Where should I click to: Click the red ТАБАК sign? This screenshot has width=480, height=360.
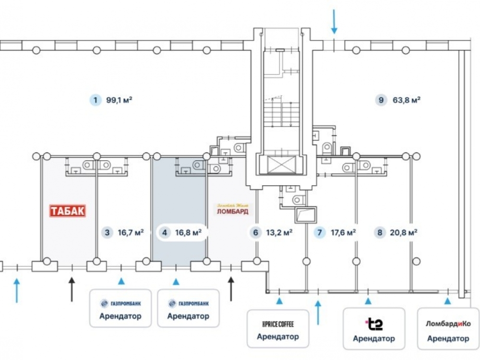click(68, 211)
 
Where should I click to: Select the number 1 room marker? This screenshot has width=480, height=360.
click(96, 100)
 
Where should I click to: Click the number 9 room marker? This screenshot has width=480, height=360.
click(381, 100)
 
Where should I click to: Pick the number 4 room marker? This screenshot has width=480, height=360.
click(165, 233)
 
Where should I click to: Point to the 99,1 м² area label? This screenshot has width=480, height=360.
click(119, 100)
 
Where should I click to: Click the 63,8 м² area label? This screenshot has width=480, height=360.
click(406, 100)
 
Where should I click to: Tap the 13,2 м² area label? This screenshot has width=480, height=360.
click(278, 233)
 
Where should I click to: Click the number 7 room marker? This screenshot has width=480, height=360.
click(319, 233)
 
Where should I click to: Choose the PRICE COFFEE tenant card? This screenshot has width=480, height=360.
click(277, 329)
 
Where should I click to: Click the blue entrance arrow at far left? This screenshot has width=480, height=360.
click(17, 290)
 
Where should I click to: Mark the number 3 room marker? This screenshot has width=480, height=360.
click(107, 233)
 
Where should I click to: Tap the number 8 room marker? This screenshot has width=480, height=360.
click(380, 233)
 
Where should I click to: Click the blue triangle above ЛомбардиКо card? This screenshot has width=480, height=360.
click(447, 301)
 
